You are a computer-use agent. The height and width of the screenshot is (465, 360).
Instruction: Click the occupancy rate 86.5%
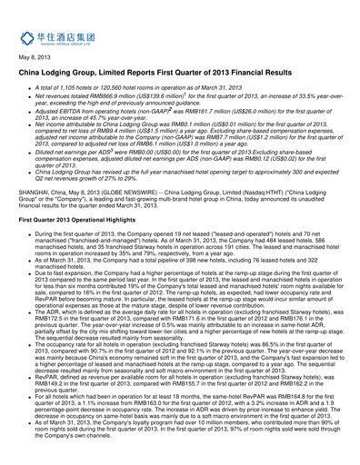point(275,333)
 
